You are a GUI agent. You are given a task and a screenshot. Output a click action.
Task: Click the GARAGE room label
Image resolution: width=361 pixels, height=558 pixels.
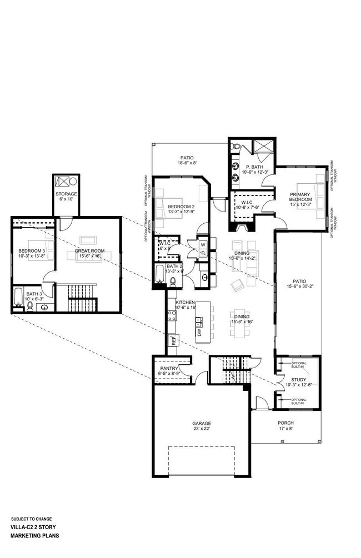coord(202,424)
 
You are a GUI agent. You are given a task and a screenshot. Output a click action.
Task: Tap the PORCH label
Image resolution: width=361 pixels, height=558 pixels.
coord(286,423)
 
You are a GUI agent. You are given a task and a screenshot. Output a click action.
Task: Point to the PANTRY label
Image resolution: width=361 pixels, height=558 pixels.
coord(168,368)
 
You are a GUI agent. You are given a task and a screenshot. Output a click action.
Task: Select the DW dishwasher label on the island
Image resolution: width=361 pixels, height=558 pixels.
coord(199,332)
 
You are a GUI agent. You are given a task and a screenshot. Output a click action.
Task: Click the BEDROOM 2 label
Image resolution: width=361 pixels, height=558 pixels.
coord(182,207)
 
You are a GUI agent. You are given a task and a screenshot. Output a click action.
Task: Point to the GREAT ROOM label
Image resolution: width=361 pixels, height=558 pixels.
coord(89,250)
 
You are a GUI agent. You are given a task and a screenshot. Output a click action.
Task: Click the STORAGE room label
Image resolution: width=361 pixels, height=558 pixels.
coord(66,194)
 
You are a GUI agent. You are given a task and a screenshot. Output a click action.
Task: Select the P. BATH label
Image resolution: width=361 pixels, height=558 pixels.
coord(255,167)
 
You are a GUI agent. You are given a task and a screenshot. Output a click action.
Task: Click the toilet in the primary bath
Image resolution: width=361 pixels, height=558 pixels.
coord(237,147)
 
